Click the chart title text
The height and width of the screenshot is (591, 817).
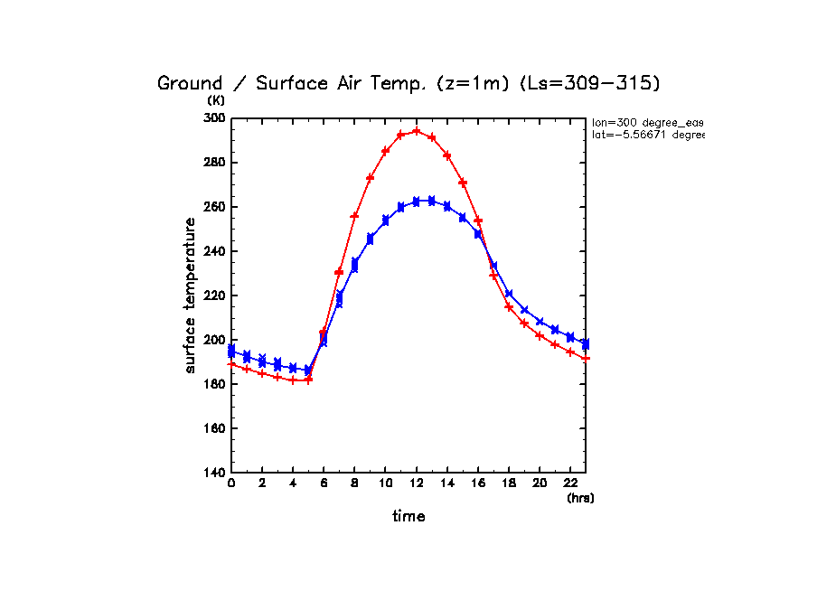(x=408, y=83)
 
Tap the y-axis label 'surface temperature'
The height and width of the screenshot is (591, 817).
(x=191, y=295)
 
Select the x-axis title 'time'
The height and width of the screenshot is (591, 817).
(x=408, y=517)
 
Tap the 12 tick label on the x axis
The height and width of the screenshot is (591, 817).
(x=416, y=484)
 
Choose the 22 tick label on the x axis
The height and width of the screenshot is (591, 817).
(x=570, y=484)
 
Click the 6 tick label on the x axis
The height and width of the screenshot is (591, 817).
(x=324, y=484)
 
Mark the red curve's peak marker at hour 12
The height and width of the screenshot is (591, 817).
(x=416, y=131)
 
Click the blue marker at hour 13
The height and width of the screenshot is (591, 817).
(x=431, y=201)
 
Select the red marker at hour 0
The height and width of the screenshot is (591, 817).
(x=231, y=364)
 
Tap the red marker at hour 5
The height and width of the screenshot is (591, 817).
(x=308, y=380)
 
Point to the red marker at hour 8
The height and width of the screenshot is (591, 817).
(x=354, y=216)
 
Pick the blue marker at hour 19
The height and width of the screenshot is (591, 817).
(x=524, y=310)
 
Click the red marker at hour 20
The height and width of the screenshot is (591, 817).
(x=540, y=335)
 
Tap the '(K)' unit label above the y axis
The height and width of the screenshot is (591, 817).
(x=216, y=100)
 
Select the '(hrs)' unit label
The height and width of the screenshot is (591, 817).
(x=580, y=498)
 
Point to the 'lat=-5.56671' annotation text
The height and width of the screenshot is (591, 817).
(x=647, y=135)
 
